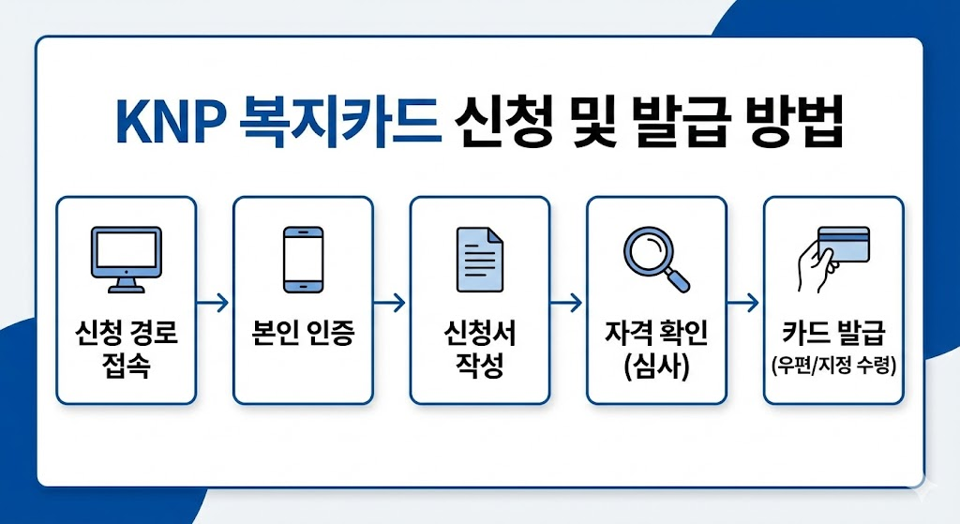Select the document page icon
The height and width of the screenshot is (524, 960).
pos(479,256)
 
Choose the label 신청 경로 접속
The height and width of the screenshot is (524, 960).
pos(126,348)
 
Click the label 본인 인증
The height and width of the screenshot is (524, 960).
pos(303,335)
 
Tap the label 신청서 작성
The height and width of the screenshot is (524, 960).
pos(479,348)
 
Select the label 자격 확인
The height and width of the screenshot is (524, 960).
pos(656,335)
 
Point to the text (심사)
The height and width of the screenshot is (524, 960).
pos(656,366)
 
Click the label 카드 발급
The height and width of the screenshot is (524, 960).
pos(833,335)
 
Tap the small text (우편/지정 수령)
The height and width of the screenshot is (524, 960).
pos(833,365)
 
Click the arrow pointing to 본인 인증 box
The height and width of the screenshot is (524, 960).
pos(214,303)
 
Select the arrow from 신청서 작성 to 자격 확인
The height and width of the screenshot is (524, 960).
pos(567,303)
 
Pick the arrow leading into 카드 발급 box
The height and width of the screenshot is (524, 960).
pos(744,303)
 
